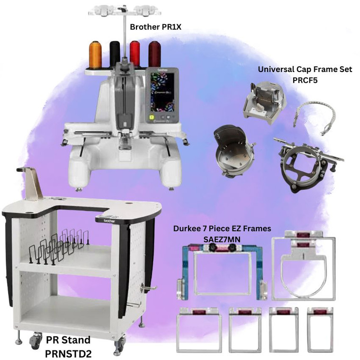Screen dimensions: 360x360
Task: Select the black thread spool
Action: [115, 54]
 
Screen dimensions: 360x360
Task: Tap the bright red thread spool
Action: [135, 54]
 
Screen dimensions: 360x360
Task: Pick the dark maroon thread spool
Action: [154, 54]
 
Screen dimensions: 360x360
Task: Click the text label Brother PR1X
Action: [156, 27]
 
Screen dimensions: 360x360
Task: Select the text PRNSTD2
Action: [68, 353]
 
